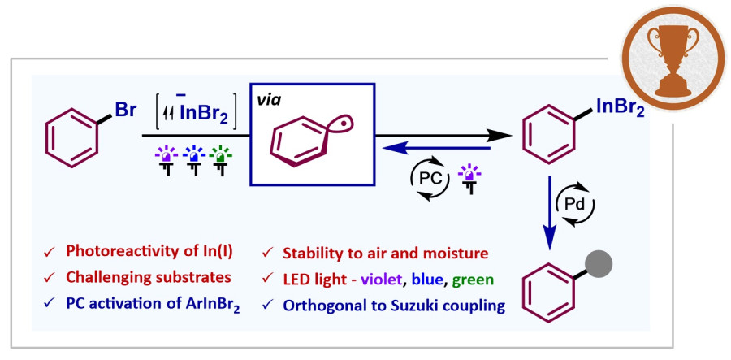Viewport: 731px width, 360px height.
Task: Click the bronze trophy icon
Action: [x=674, y=59]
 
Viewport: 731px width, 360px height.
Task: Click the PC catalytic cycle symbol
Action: [x=430, y=178]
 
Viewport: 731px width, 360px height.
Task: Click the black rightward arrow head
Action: [x=500, y=135]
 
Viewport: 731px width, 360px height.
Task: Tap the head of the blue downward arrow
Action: [x=550, y=241]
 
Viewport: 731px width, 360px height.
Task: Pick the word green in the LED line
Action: [x=472, y=280]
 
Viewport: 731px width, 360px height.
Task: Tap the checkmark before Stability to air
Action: [x=268, y=254]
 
